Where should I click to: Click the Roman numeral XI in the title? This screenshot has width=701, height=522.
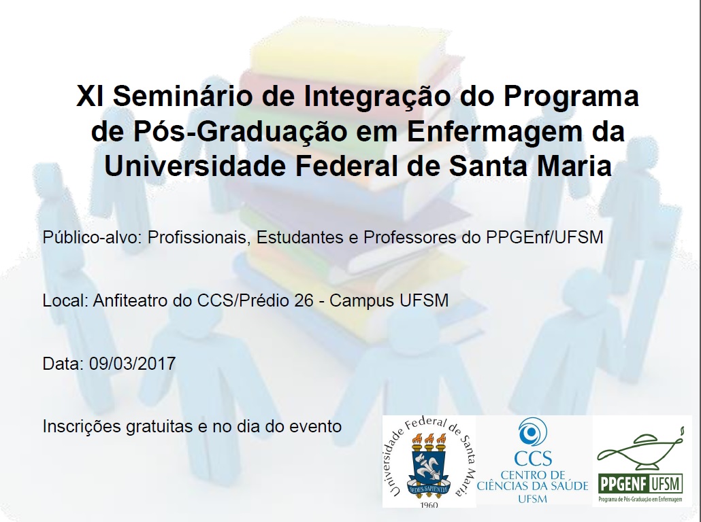91,96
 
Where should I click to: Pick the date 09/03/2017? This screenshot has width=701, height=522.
132,364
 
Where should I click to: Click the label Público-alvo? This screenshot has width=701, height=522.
92,237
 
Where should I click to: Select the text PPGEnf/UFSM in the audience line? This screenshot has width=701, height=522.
544,237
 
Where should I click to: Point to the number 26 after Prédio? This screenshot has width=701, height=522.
304,300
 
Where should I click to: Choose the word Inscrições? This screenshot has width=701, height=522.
82,426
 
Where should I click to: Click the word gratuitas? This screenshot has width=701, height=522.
160,426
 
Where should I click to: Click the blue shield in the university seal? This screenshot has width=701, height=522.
429,467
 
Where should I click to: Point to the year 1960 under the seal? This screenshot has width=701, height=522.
429,504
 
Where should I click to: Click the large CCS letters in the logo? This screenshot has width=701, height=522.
533,458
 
